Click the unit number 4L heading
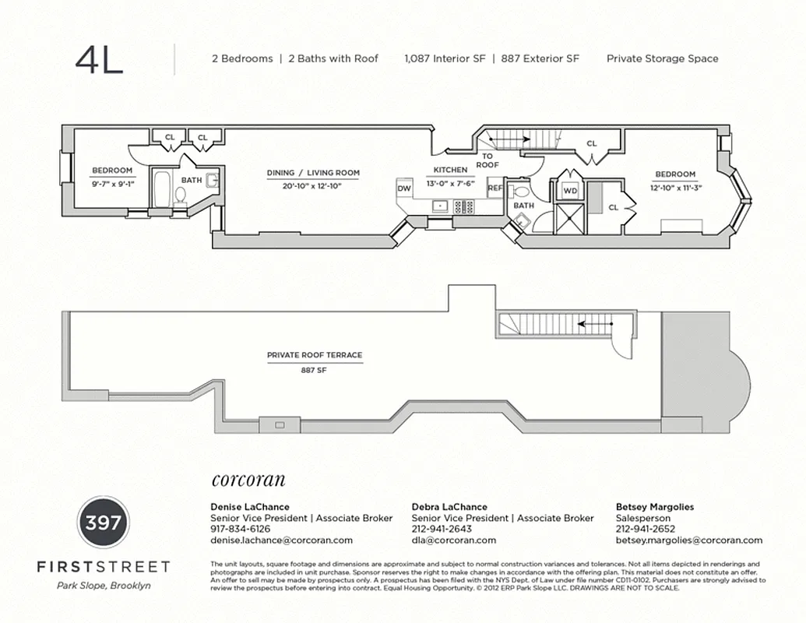(x=100, y=61)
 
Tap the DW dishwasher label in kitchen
(x=404, y=188)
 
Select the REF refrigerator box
(x=495, y=188)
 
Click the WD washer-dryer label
(x=569, y=190)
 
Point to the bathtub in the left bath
(x=162, y=189)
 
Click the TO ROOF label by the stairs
(x=487, y=160)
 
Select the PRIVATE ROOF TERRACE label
(x=315, y=355)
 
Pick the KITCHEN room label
(x=450, y=170)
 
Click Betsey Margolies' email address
(x=688, y=540)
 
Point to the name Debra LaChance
(x=449, y=507)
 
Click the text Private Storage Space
(x=662, y=58)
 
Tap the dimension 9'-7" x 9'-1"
(x=112, y=184)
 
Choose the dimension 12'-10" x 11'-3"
(x=674, y=188)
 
